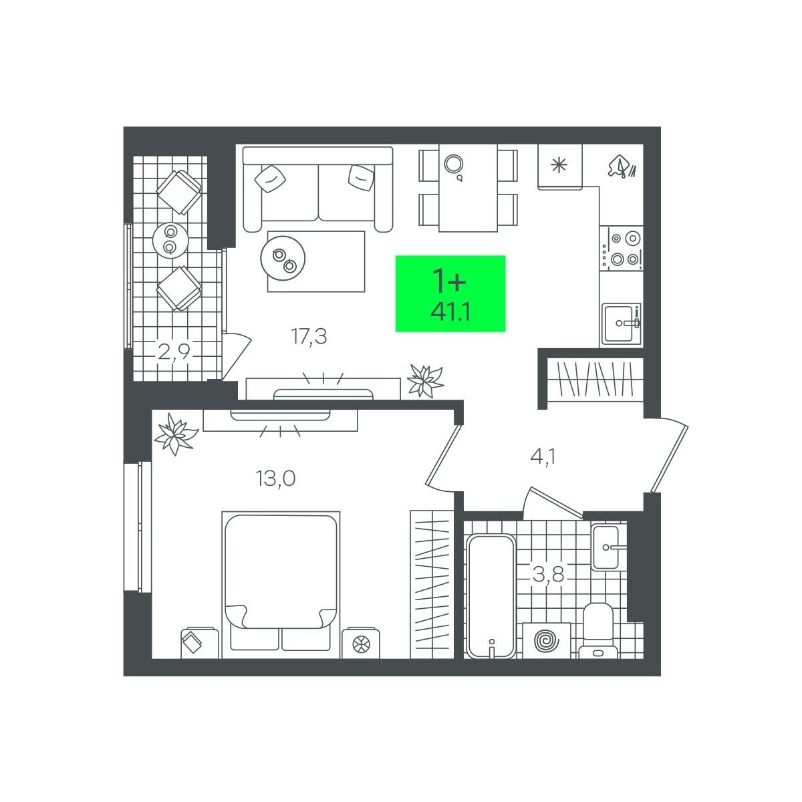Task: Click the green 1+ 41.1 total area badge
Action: pos(450,293)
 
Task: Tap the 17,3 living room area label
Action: pos(309,336)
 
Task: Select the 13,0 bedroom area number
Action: pos(275,479)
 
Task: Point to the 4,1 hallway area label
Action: pos(543,457)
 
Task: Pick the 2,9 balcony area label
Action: pos(174,352)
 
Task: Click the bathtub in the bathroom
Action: pos(491,596)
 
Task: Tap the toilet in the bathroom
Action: pos(598,630)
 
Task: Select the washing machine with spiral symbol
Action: pos(547,640)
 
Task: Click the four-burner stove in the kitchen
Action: pos(622,249)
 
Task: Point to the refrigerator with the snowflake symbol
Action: pos(560,167)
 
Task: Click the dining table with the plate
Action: pos(469,188)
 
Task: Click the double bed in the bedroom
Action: pos(281,585)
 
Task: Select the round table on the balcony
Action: pos(170,240)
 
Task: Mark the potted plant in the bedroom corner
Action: pos(176,434)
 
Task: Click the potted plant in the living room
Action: pos(425,380)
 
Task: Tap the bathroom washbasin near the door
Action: pos(606,547)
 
